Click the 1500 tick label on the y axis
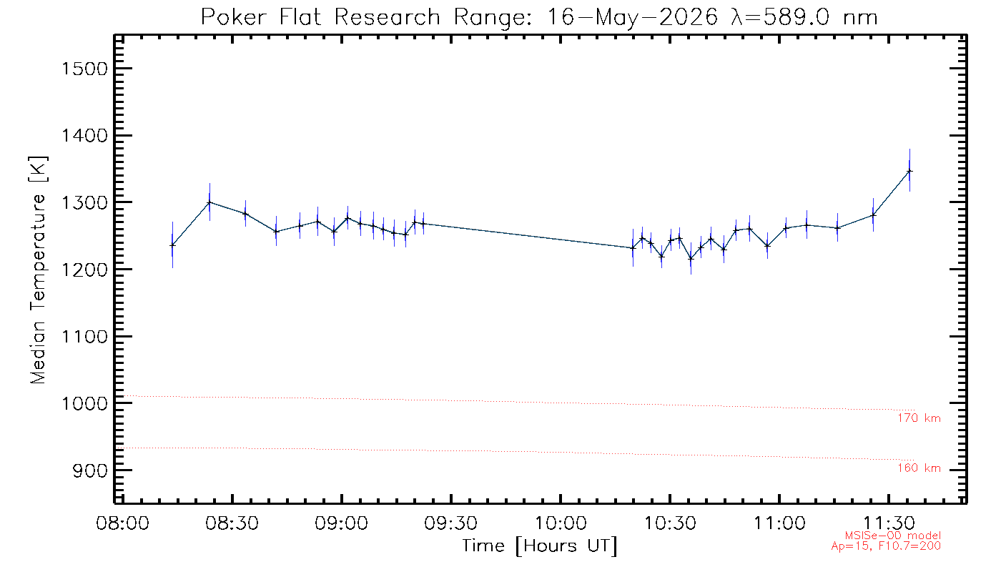tap(84, 69)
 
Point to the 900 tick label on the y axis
tap(90, 470)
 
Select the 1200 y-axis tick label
tap(84, 270)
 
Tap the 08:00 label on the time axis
tap(122, 523)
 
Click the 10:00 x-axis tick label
tap(561, 523)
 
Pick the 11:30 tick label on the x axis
tap(889, 523)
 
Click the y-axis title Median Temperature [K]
tap(38, 270)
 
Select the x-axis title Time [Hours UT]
tap(539, 546)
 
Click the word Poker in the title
tap(233, 17)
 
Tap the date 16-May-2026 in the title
tap(632, 18)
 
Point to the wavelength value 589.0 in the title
tap(797, 17)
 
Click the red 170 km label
tap(919, 418)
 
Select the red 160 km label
tap(919, 468)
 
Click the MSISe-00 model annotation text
tap(893, 536)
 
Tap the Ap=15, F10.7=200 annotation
tap(886, 546)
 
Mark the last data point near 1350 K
tap(909, 171)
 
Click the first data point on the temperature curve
tap(172, 245)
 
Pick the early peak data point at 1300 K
tap(209, 202)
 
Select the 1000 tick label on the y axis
tap(84, 404)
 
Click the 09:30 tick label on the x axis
tap(451, 523)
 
